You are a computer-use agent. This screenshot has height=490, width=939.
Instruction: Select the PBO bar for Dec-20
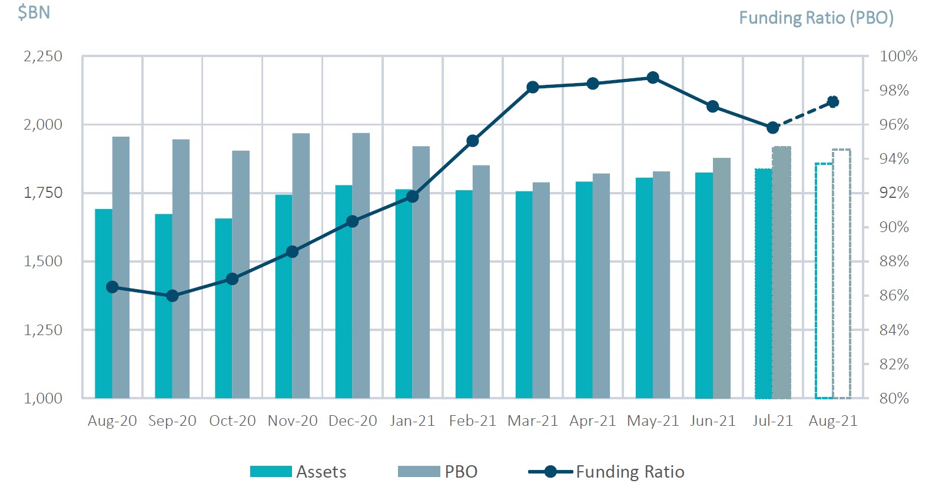coord(361,265)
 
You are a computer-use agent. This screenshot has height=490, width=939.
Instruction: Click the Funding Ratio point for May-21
coord(653,78)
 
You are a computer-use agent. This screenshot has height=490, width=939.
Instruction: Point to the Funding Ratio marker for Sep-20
coord(172,296)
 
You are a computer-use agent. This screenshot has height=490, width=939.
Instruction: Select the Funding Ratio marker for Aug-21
coord(833,102)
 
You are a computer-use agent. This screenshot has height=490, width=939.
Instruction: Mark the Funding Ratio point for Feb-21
coord(472,141)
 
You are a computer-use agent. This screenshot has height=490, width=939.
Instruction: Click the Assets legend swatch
coord(271,472)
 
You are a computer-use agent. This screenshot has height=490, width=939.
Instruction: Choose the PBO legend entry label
coord(461,472)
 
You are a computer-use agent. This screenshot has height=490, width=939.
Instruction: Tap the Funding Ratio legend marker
coord(550,472)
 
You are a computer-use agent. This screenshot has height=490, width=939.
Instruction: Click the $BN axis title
coord(34,12)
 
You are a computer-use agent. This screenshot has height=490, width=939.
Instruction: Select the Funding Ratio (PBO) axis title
coord(816,18)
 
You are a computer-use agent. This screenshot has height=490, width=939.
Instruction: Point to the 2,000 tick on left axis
coord(43,124)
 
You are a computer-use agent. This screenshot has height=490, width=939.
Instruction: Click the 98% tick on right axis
coord(894,91)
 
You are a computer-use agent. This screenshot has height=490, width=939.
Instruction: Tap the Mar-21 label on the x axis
coord(533,421)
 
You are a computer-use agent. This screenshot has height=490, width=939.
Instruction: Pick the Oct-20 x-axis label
coord(233,421)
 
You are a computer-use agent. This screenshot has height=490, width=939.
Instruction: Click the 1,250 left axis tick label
coord(43,330)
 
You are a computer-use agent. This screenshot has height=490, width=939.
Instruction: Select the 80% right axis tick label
coord(894,398)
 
